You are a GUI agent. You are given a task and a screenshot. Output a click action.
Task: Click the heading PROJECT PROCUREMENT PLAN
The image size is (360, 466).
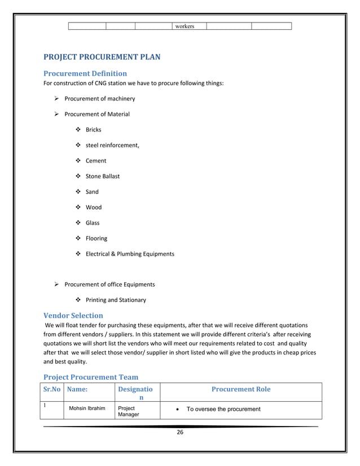[102, 56]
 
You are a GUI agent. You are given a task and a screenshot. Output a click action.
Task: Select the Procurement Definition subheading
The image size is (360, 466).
[85, 73]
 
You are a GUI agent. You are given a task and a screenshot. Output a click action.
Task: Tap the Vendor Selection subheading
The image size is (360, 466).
[73, 315]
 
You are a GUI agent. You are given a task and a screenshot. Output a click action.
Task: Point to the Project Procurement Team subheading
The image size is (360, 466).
[91, 377]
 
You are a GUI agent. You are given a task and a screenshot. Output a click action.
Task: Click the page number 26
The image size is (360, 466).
[180, 433]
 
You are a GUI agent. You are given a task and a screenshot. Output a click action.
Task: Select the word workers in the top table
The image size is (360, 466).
[185, 26]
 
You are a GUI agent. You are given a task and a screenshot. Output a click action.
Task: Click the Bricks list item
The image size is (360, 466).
[93, 130]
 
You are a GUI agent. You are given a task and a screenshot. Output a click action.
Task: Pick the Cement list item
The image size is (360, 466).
[95, 161]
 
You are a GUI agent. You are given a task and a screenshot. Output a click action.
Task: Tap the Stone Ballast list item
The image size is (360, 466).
[102, 176]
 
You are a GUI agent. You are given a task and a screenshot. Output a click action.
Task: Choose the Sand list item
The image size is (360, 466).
[92, 192]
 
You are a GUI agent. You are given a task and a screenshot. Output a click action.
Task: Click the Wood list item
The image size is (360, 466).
[93, 207]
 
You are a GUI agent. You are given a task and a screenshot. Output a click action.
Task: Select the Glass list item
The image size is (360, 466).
[93, 223]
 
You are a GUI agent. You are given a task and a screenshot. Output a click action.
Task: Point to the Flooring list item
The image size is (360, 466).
[96, 238]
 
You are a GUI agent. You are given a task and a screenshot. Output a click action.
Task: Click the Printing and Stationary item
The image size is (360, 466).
[115, 300]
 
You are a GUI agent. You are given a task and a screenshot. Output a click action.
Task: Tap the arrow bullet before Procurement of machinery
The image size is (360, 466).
[56, 99]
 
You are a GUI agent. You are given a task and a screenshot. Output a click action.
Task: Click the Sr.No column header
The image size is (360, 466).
[52, 389]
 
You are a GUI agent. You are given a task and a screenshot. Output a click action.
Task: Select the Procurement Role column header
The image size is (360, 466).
[240, 389]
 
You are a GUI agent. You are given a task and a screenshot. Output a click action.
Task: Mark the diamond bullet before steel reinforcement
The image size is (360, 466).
[78, 146]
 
